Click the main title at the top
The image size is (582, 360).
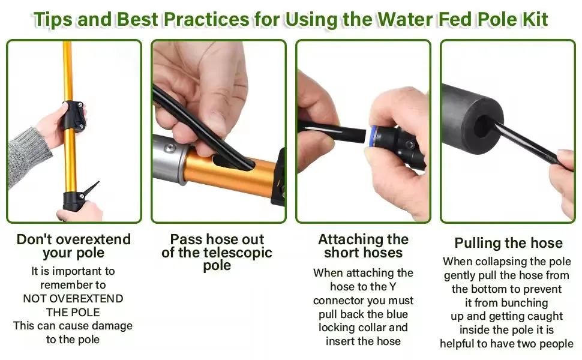click(x=290, y=19)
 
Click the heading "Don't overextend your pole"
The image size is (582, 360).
click(x=73, y=246)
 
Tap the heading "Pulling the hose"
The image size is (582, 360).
click(x=508, y=243)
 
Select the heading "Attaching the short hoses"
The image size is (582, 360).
click(x=363, y=246)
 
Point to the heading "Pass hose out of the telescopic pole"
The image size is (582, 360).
click(x=217, y=252)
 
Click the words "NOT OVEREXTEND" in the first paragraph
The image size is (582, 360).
click(x=73, y=299)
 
